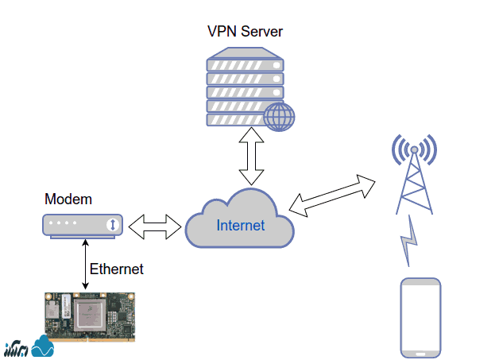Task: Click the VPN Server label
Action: [245, 32]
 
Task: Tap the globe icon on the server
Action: [279, 117]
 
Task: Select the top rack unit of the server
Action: [244, 61]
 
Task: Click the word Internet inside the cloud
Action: [240, 226]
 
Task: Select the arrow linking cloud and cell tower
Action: [334, 195]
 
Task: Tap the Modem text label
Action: [68, 199]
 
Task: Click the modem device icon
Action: [83, 225]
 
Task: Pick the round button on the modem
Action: [113, 225]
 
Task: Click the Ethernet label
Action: [117, 269]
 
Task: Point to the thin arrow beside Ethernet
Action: [85, 265]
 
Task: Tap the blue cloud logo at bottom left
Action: [41, 346]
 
